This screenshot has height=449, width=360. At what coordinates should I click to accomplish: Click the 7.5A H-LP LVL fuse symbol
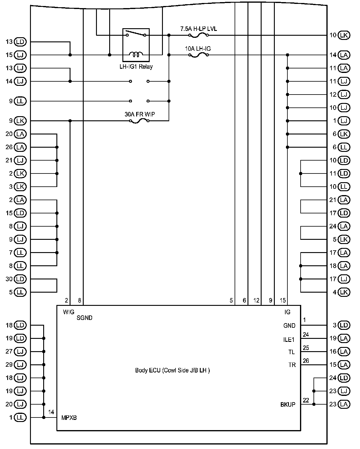tap(198, 35)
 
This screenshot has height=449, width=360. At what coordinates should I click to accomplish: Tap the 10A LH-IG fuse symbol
tap(198, 55)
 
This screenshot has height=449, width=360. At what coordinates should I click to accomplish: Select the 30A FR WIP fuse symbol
tap(139, 121)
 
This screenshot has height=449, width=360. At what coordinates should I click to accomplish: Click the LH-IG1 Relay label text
tap(136, 67)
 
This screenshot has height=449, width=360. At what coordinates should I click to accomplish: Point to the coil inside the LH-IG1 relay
tap(136, 54)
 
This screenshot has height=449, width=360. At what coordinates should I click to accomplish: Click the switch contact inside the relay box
tap(136, 34)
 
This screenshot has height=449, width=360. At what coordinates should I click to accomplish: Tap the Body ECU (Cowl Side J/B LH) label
tap(172, 370)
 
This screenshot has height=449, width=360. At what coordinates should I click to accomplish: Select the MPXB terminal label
tap(69, 418)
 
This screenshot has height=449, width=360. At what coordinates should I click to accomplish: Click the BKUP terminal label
tap(288, 405)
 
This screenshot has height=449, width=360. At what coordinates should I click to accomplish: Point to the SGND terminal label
tap(85, 318)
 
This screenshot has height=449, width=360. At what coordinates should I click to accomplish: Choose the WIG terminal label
tap(69, 312)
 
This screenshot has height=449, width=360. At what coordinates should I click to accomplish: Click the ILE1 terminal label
tap(289, 340)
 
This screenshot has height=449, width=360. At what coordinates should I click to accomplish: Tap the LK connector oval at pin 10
tap(344, 35)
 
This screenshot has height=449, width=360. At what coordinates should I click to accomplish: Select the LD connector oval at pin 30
tap(20, 279)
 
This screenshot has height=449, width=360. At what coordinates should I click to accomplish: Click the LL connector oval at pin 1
tap(20, 417)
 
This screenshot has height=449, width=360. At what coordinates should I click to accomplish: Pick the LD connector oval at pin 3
tap(344, 325)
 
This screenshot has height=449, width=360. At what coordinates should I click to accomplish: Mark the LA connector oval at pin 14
tap(344, 55)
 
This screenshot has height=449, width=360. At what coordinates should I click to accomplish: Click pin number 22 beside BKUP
tap(306, 400)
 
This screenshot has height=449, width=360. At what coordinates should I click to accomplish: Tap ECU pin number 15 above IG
tap(283, 300)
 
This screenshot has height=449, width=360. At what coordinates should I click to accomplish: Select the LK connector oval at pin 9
tap(20, 121)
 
